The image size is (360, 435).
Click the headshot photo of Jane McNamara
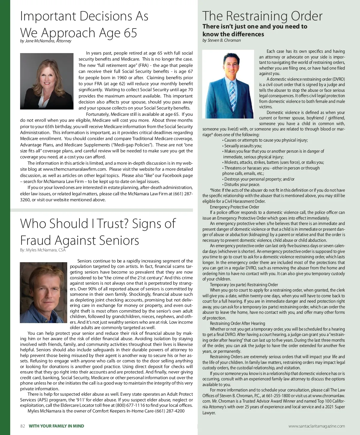point(46,81)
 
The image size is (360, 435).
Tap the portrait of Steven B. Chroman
point(228,84)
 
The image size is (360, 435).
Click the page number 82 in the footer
point(22,426)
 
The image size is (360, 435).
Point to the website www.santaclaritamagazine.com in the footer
point(316,426)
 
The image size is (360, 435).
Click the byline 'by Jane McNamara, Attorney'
point(46,41)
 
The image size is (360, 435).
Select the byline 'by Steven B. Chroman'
point(221,40)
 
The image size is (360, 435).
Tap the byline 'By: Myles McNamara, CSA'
point(43,250)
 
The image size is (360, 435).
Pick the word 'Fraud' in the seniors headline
point(38,241)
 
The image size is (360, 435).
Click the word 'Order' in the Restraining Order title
point(303,16)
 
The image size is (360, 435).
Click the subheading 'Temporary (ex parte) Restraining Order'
point(244,285)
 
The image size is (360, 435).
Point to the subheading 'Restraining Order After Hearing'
point(237,323)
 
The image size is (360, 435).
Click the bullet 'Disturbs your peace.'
point(241,184)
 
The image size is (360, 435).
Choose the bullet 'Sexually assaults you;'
point(242,146)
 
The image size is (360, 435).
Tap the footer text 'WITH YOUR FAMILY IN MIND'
point(56,426)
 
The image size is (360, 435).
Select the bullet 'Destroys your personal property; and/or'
point(259,179)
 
